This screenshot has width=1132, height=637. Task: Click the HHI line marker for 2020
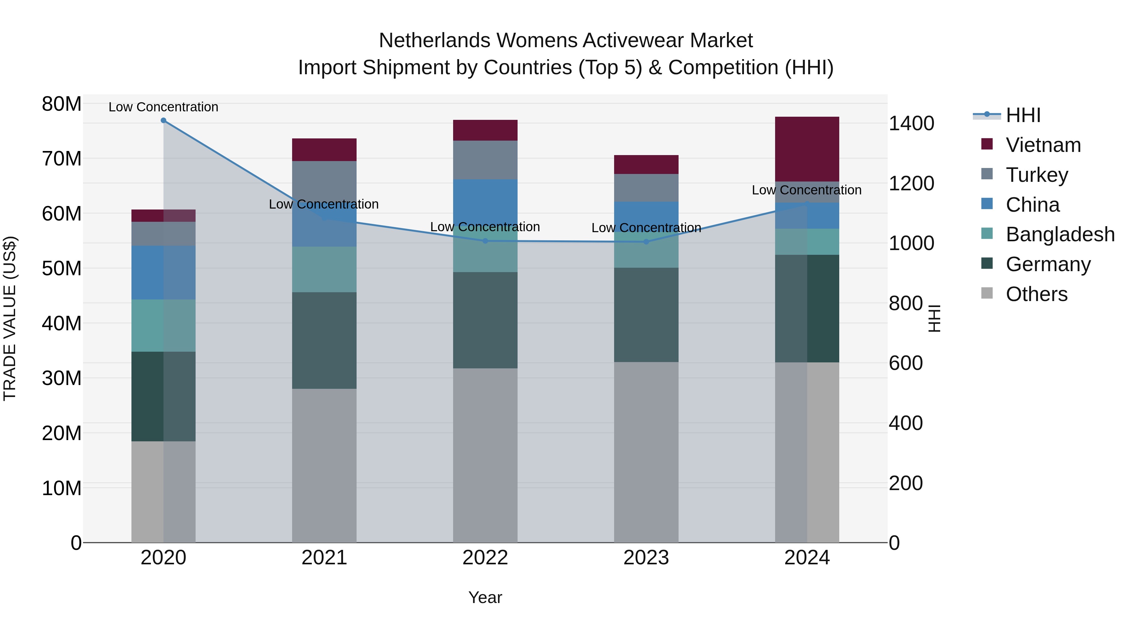coord(164,120)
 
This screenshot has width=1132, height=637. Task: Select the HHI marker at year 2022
coord(485,241)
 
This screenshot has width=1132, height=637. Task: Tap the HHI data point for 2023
coord(646,242)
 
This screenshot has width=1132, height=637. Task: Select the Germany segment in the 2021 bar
coord(324,340)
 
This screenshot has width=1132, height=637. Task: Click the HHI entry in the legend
coord(1023,115)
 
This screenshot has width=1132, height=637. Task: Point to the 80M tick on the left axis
coord(62,104)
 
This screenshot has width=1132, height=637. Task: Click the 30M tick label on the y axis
coord(62,378)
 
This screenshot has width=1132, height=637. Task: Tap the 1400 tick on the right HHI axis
coord(911,124)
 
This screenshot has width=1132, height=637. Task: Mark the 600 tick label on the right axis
coord(905,363)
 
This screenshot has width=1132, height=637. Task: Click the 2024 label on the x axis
coord(807,557)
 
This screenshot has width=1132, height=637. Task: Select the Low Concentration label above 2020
coord(164,107)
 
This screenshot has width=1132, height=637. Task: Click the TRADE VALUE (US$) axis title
coord(10,318)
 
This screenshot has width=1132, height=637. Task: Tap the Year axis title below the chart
coord(485,597)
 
